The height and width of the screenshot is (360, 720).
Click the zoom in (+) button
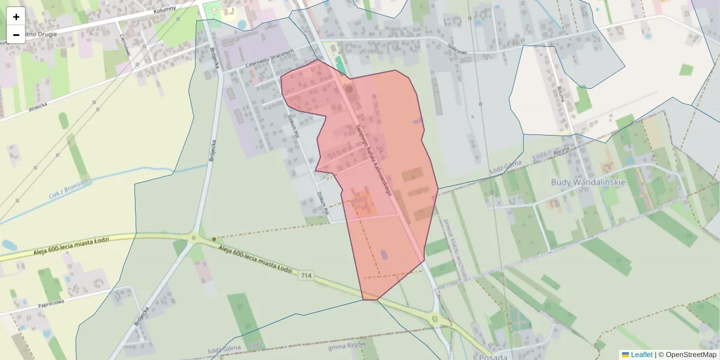[16, 16]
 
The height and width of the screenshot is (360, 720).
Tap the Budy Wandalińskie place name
[588, 182]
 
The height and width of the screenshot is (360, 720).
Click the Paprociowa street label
[51, 303]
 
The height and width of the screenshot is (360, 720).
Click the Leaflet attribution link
[641, 355]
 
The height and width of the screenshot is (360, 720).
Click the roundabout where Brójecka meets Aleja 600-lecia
[193, 238]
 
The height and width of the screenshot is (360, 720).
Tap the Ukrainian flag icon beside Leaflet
[625, 355]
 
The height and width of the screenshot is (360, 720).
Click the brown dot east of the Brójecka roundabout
[214, 239]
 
